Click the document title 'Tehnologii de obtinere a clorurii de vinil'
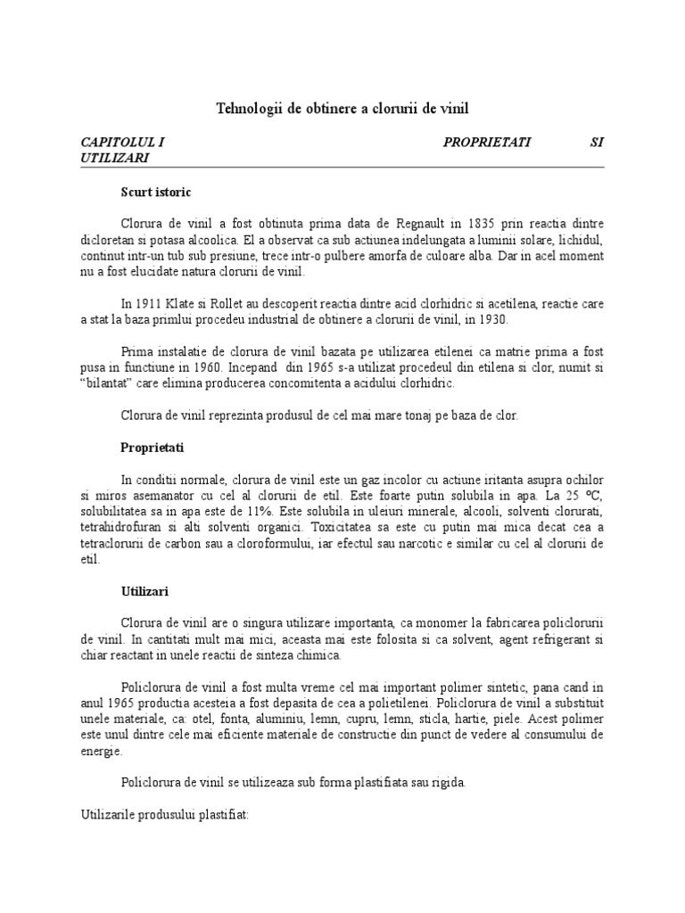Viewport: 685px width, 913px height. pyautogui.click(x=342, y=109)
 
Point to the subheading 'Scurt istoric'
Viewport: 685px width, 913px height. pyautogui.click(x=156, y=192)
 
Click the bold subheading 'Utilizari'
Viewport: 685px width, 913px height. pyautogui.click(x=145, y=591)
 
